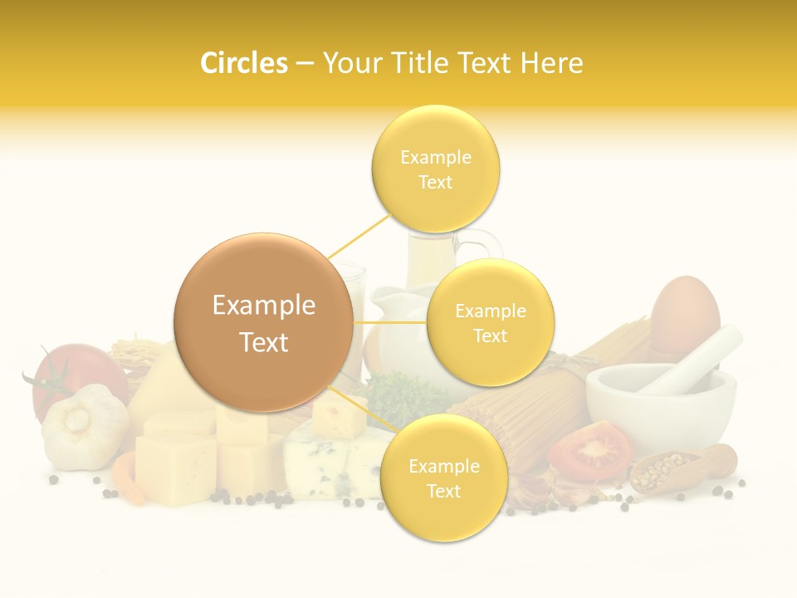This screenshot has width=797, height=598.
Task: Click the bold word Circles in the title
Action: (243, 63)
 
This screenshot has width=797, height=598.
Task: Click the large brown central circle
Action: (264, 322)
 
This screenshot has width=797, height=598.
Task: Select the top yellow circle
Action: (435, 169)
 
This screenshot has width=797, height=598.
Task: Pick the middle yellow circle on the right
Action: (490, 323)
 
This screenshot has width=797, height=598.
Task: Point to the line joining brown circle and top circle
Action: (359, 236)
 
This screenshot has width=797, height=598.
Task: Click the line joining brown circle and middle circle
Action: (390, 322)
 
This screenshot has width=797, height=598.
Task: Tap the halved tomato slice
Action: (590, 451)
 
